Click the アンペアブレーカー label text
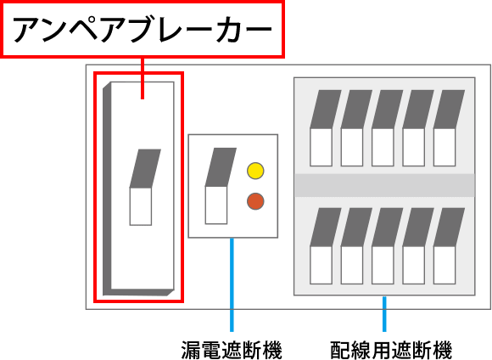[x=143, y=30]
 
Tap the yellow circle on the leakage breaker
[x=255, y=171]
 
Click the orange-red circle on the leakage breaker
[x=255, y=201]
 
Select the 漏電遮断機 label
[x=232, y=350]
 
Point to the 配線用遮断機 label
[x=391, y=350]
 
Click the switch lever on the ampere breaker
[x=145, y=187]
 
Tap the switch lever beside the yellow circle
[x=221, y=186]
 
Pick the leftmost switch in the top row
[x=326, y=128]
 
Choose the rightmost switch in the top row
[x=449, y=128]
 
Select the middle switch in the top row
[x=387, y=128]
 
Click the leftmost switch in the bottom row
[x=326, y=246]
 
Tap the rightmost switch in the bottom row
[x=449, y=246]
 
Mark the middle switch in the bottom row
[x=387, y=246]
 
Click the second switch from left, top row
[x=356, y=128]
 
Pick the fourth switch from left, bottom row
[x=418, y=246]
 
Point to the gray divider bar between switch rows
[x=384, y=185]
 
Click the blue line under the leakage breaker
[x=232, y=284]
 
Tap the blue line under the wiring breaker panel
[x=384, y=314]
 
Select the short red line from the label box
[x=143, y=78]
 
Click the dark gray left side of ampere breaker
[x=107, y=188]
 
